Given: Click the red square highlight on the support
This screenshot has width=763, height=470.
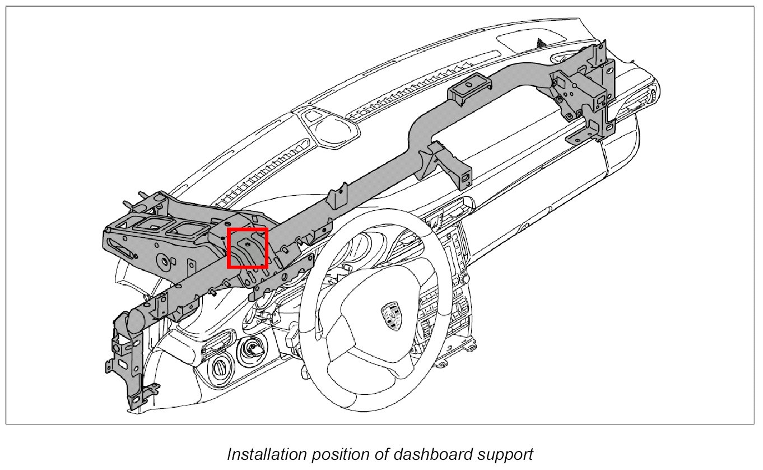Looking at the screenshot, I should [248, 248].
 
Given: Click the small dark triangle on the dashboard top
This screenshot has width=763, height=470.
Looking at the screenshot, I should [541, 41].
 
